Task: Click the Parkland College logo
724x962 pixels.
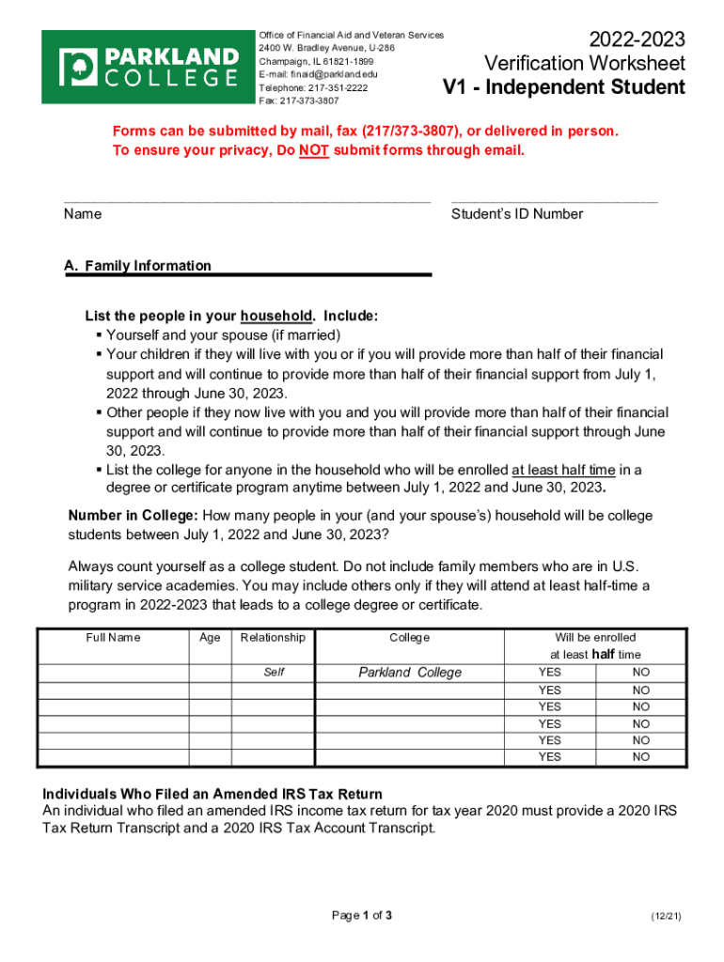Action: point(146,67)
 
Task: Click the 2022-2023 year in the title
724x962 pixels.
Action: point(637,39)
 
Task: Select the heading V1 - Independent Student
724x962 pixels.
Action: point(564,88)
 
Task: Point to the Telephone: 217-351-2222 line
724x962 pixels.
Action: point(313,87)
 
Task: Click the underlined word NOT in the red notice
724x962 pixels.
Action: point(314,150)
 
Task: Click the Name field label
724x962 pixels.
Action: point(83,214)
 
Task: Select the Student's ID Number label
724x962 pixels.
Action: point(517,214)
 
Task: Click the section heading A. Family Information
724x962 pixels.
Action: point(138,266)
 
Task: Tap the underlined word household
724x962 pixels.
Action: point(275,316)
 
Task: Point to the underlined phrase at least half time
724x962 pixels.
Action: point(563,470)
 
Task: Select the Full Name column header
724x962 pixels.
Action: point(112,638)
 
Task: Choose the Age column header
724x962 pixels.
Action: point(211,638)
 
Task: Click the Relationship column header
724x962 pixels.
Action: point(273,638)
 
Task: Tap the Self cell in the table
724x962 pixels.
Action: point(274,673)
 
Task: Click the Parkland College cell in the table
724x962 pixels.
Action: point(410,673)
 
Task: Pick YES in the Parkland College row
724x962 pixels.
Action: point(549,673)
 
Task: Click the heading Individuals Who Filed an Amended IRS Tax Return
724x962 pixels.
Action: point(212,794)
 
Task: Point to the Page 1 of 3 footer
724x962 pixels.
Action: point(362,916)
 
